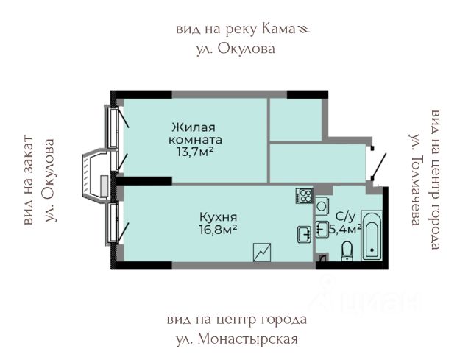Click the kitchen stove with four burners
[305, 196]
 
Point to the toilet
[347, 253]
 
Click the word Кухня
[218, 218]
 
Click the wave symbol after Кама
[305, 30]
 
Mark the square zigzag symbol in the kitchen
[263, 252]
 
